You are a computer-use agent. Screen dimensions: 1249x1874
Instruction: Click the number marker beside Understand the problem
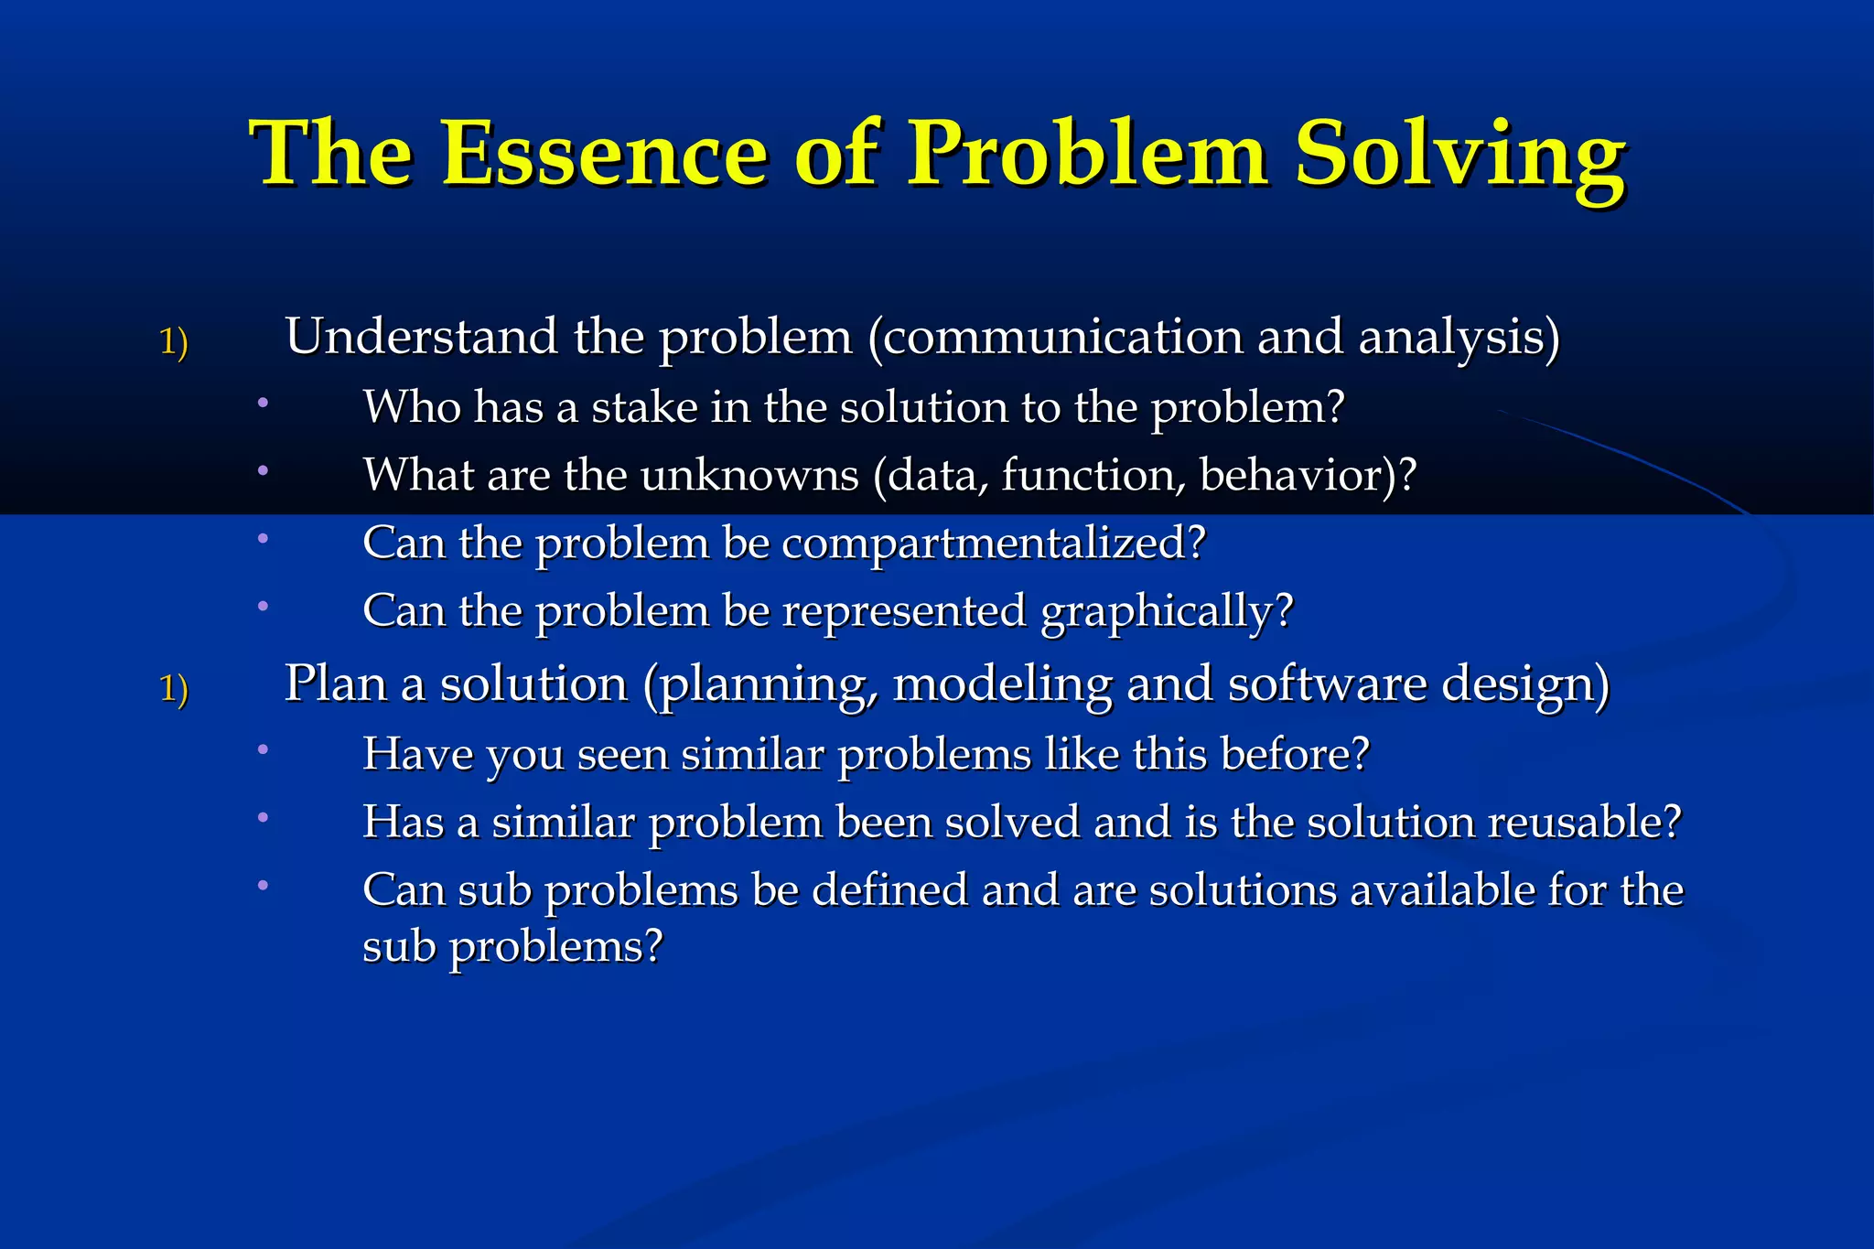174,342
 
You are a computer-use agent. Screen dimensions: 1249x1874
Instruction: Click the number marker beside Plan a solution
174,688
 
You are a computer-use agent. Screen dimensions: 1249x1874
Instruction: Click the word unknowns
749,475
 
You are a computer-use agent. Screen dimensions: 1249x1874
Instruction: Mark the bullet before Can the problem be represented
263,606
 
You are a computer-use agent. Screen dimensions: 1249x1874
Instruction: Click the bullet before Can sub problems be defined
263,885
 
